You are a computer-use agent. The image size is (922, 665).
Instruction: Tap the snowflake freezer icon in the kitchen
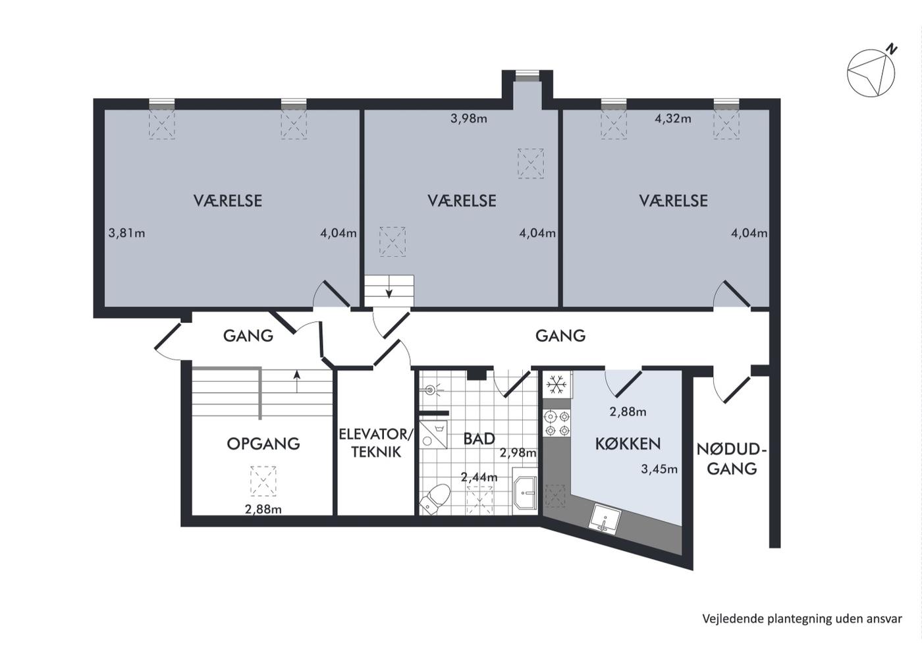556,385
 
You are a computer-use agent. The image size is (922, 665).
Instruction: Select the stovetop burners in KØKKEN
557,424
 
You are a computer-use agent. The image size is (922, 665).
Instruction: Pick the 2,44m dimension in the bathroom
479,477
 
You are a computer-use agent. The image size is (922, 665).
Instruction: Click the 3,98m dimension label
469,119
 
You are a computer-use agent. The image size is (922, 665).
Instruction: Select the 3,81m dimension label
126,233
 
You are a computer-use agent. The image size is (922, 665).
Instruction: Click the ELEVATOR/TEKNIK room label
376,443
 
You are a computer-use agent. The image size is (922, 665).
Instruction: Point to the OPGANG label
263,444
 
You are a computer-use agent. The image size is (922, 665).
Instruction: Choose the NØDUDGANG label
732,460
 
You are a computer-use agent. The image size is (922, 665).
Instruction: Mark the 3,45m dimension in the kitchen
659,469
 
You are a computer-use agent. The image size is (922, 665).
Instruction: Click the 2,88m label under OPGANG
263,510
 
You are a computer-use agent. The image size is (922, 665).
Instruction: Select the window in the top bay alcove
528,76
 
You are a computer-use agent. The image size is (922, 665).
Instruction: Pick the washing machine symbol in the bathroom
433,434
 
